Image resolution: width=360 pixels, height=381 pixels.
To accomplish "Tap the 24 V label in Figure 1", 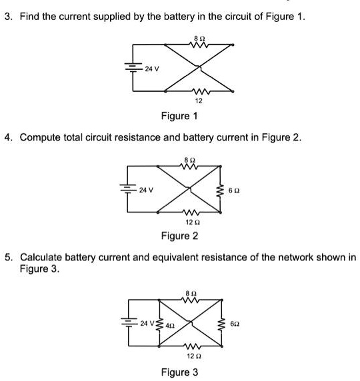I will pyautogui.click(x=153, y=68).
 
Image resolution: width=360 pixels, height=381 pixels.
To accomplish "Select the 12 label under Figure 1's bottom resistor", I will pyautogui.click(x=199, y=101).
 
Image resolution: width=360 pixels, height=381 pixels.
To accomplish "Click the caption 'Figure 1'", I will pyautogui.click(x=179, y=117).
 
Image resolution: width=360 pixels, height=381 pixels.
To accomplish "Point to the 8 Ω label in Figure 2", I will pyautogui.click(x=188, y=159).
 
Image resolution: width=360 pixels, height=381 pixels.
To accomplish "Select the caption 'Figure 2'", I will pyautogui.click(x=179, y=236).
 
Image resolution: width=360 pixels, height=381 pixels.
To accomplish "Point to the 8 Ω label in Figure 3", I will pyautogui.click(x=191, y=294).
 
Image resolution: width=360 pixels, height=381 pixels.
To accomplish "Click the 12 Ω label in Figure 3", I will pyautogui.click(x=191, y=356).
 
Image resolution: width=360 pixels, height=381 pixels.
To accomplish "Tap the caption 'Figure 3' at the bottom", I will pyautogui.click(x=179, y=372).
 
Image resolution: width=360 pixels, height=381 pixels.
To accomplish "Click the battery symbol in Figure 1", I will pyautogui.click(x=136, y=67).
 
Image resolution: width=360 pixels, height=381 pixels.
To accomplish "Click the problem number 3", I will pyautogui.click(x=7, y=17).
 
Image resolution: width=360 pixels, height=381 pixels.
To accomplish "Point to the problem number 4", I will pyautogui.click(x=7, y=137).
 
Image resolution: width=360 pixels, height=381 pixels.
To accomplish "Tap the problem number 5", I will pyautogui.click(x=7, y=256).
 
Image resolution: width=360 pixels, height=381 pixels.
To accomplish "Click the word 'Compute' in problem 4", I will pyautogui.click(x=42, y=137).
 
